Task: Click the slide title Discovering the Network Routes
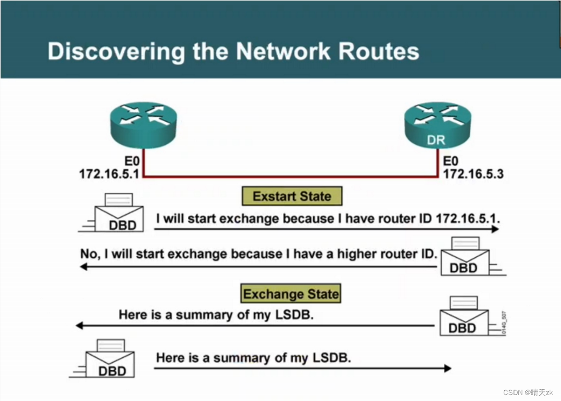(x=233, y=51)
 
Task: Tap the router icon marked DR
(x=437, y=126)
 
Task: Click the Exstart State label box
(x=292, y=196)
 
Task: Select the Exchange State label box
(x=291, y=294)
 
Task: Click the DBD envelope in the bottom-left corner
(x=110, y=360)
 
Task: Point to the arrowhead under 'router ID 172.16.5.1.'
(x=494, y=230)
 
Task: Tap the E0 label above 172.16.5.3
(x=451, y=161)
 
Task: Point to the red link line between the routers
(x=292, y=176)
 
